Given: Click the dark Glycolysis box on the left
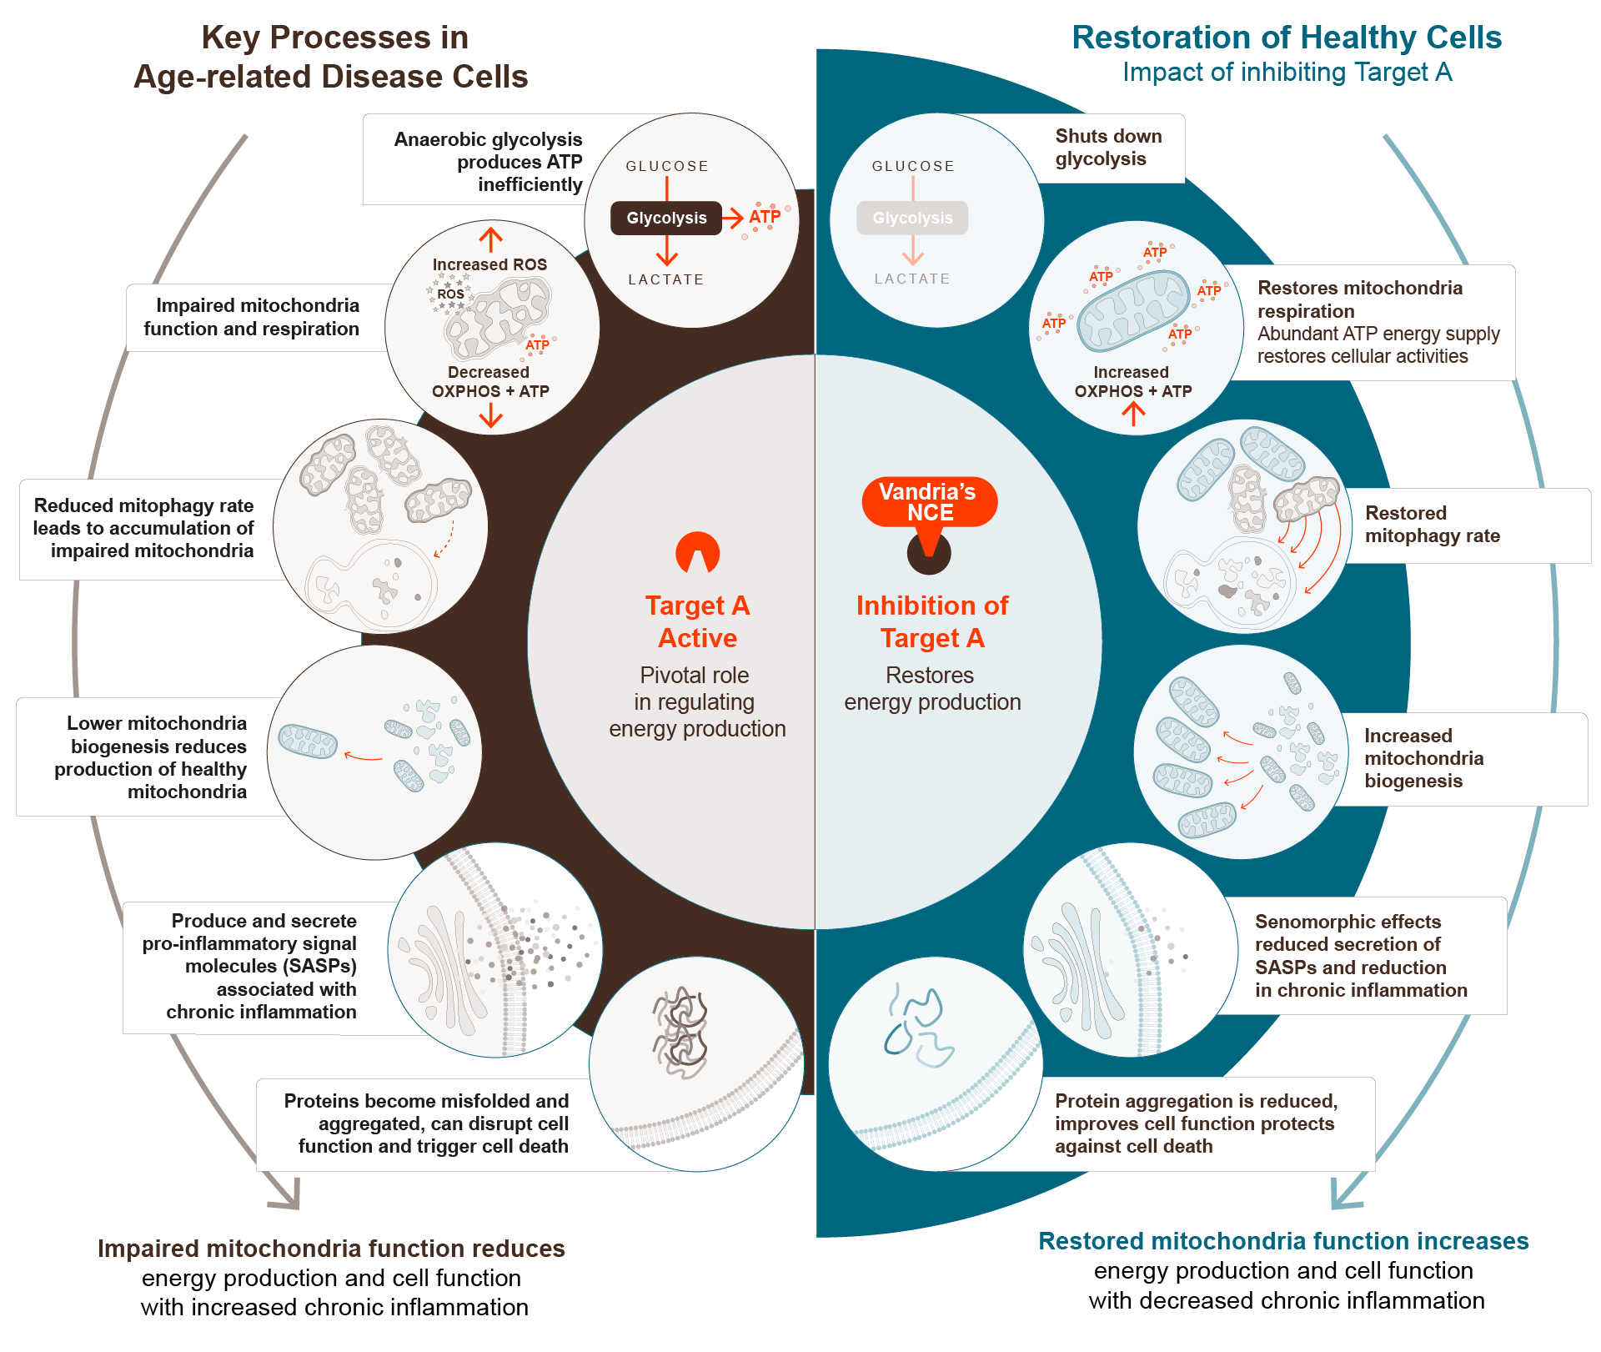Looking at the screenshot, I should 665,218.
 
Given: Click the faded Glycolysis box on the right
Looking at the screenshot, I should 912,218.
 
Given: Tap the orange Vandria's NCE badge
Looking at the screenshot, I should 929,502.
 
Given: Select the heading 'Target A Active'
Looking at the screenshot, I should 697,621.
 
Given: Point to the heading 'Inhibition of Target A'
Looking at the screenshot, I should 932,621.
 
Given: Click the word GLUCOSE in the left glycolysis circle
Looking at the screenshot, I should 667,166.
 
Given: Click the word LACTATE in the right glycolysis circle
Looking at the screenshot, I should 912,279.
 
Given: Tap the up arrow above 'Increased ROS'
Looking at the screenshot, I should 491,239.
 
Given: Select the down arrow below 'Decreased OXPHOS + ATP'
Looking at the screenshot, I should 491,415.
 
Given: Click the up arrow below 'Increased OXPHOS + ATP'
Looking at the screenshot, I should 1133,414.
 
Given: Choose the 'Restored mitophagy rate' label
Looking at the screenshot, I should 1432,525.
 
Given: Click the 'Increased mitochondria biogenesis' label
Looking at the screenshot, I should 1423,758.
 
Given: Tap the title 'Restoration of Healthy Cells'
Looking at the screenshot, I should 1286,38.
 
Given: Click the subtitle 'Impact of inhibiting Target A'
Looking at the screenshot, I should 1287,73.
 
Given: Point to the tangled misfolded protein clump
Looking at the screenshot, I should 680,1032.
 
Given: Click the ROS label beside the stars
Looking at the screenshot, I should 450,294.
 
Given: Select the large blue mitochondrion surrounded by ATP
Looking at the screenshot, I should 1133,309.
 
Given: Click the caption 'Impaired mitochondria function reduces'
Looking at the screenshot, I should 331,1249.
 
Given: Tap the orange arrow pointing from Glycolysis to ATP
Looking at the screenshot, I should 733,219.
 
